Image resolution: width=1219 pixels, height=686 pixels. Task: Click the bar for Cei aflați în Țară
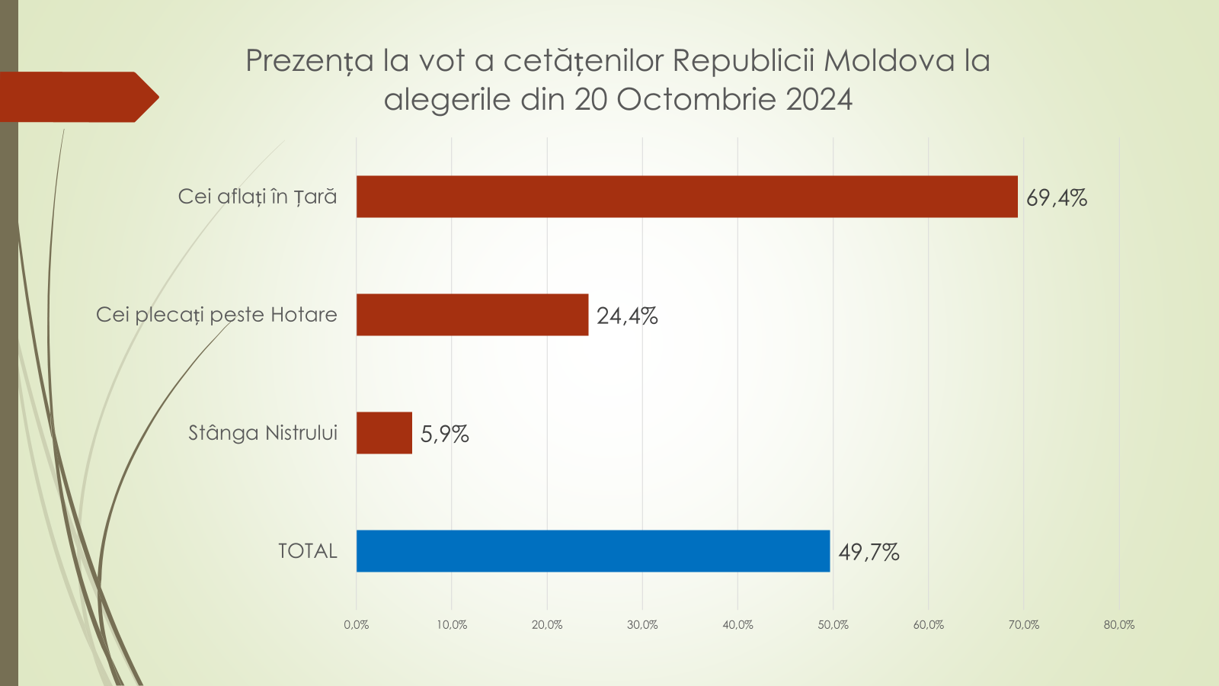point(686,197)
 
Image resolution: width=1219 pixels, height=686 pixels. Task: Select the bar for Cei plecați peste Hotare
point(472,315)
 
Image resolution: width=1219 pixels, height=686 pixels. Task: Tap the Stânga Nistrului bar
point(384,433)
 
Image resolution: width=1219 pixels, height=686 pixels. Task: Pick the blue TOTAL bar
point(593,551)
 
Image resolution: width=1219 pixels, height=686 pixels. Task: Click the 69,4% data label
point(1056,198)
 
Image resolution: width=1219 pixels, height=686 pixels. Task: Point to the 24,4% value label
point(626,316)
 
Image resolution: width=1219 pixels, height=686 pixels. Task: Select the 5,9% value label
point(444,434)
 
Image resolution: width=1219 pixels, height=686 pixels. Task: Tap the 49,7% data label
point(869,553)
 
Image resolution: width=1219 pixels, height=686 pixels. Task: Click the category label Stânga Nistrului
point(263,433)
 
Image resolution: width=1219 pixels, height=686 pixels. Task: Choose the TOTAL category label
point(307,551)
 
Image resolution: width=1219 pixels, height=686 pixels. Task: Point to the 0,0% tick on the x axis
point(356,625)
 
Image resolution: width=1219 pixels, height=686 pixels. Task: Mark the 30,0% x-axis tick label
point(642,625)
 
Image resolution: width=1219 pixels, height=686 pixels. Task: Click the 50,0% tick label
point(833,625)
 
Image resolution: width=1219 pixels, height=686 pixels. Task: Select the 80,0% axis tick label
point(1118,625)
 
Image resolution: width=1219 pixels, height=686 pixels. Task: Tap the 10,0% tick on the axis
point(452,625)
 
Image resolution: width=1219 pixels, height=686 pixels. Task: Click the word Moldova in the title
point(889,60)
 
